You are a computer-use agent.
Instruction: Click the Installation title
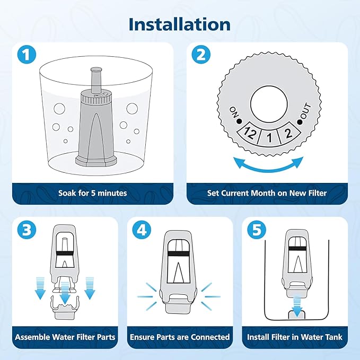pos(180,24)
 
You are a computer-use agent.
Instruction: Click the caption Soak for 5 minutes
pos(93,193)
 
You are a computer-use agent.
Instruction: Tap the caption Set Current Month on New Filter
pos(267,193)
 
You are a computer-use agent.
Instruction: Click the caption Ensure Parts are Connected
pos(180,337)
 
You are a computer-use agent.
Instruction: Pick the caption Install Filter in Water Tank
pos(294,337)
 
